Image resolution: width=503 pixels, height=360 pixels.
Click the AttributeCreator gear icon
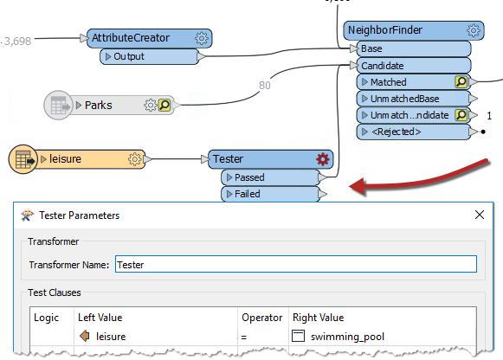point(202,39)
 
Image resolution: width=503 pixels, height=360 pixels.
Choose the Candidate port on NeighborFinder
point(412,65)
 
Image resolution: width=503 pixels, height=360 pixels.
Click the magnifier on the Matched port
point(462,82)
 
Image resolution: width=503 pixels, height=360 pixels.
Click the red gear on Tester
point(323,159)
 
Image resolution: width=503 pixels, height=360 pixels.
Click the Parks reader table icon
point(57,106)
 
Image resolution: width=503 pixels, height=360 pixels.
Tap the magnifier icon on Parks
point(164,106)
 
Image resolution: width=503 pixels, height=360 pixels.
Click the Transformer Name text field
point(294,264)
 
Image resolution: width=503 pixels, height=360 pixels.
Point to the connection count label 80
point(266,85)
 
